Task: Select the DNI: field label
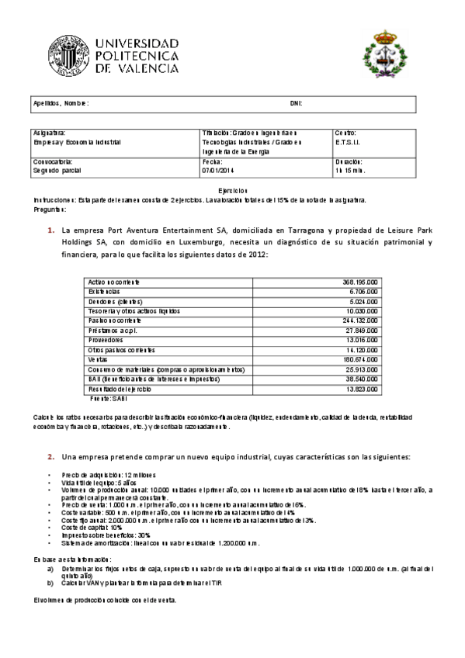point(295,103)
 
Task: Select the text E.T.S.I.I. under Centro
point(348,143)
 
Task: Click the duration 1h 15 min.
point(350,169)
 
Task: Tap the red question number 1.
point(50,230)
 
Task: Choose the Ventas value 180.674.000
point(359,359)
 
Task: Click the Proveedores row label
point(106,339)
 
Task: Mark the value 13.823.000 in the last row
point(361,388)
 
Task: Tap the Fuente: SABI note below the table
point(108,397)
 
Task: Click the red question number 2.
point(50,456)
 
